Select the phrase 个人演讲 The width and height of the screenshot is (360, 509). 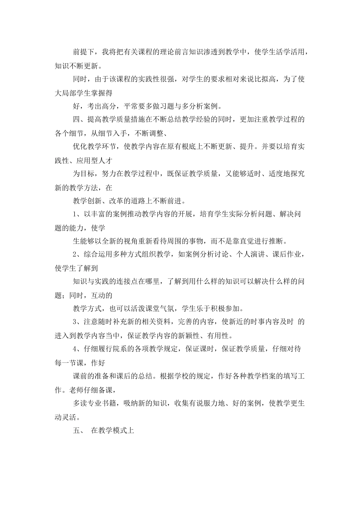pyautogui.click(x=249, y=254)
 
